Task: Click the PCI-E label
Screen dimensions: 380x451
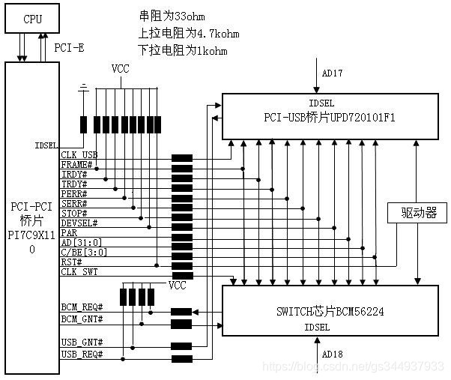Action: pyautogui.click(x=70, y=47)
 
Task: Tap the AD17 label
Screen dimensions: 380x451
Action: pyautogui.click(x=332, y=73)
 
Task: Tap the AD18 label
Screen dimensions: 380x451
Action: pyautogui.click(x=332, y=354)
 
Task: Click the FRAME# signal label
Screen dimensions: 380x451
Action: pyautogui.click(x=76, y=164)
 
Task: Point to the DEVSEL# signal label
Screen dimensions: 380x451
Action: pyautogui.click(x=79, y=223)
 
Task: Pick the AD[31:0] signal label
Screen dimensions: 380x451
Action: pyautogui.click(x=82, y=243)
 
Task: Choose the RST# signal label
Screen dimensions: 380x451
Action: pyautogui.click(x=72, y=262)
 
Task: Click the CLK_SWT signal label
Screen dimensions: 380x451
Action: pyautogui.click(x=79, y=272)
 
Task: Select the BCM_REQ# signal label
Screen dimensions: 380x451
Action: pyautogui.click(x=82, y=307)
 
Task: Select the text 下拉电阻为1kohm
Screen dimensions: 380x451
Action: pyautogui.click(x=183, y=51)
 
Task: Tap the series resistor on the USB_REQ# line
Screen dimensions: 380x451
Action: pyautogui.click(x=181, y=358)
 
